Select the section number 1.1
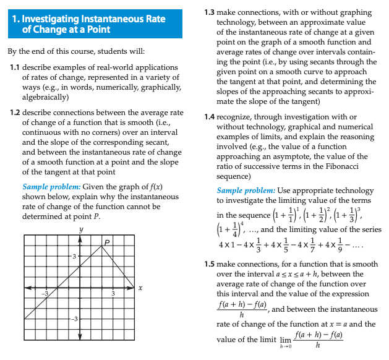(17, 67)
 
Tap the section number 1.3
(210, 12)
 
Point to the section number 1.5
(210, 264)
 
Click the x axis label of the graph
(140, 288)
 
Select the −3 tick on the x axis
(45, 294)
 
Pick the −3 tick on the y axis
(72, 319)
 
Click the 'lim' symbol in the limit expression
(284, 339)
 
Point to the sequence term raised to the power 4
(232, 229)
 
